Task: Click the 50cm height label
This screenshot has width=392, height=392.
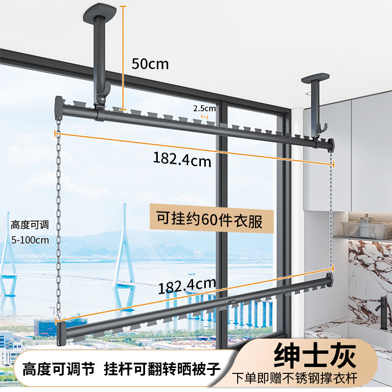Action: [150, 64]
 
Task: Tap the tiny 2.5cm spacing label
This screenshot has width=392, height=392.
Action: [204, 108]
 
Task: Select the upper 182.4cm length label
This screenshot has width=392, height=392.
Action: [182, 159]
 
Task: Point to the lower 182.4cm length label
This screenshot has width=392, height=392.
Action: [187, 285]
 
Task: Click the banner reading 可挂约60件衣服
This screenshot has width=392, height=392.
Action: [209, 220]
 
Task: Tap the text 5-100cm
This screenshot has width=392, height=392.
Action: [30, 240]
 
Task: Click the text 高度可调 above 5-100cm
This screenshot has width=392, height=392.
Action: [30, 225]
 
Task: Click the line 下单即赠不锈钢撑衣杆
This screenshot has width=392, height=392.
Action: [301, 379]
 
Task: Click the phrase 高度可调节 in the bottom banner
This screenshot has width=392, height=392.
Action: [57, 368]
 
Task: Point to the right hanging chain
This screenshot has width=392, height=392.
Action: [332, 211]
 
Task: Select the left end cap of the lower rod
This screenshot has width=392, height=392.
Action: [62, 333]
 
